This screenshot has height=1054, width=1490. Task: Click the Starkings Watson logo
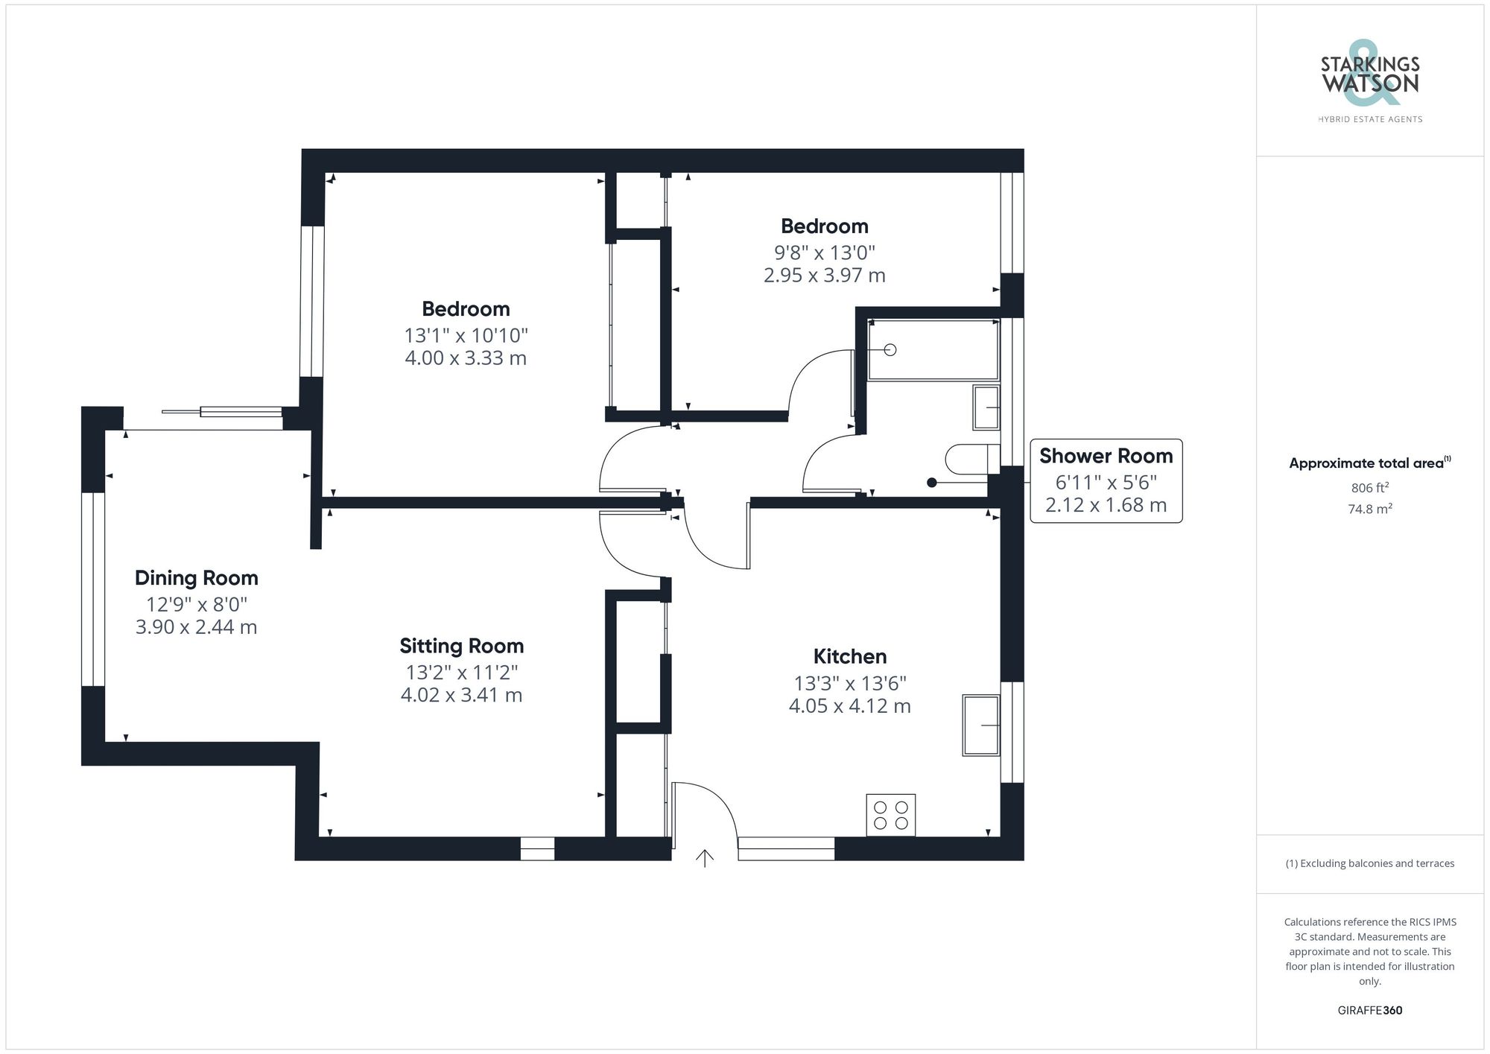1369,82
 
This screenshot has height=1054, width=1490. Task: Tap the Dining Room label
196,578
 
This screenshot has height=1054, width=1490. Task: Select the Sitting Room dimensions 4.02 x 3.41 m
461,695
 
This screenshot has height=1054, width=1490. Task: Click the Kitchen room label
849,656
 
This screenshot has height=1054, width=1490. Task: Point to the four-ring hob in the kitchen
890,815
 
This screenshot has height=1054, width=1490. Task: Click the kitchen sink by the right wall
980,725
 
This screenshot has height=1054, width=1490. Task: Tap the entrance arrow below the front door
704,858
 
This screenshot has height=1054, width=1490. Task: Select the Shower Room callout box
1106,480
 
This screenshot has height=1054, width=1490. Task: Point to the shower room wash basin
986,407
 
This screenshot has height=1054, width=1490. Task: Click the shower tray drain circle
890,349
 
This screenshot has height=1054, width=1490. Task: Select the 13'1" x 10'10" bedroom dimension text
466,335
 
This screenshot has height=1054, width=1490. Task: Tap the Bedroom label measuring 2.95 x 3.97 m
824,226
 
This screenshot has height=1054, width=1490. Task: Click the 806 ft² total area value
1369,488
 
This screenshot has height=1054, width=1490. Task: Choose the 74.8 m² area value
1369,509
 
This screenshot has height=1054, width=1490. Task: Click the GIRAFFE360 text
1369,1010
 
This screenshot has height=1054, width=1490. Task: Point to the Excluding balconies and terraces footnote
1369,863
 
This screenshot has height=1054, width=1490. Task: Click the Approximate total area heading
1369,463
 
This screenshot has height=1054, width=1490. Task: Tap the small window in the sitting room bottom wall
537,848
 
